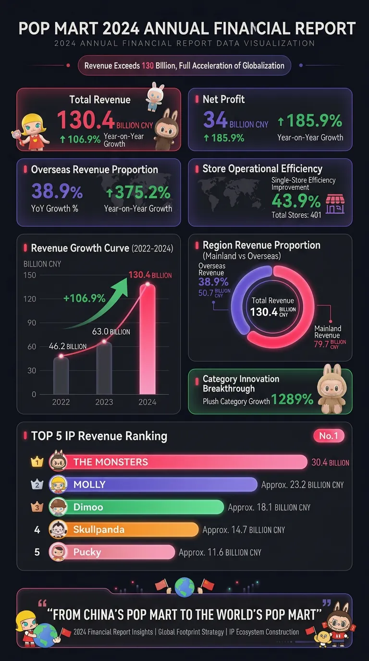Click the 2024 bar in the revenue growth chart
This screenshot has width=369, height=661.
148,339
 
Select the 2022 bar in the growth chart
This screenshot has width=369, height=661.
61,375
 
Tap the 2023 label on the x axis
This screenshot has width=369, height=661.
104,402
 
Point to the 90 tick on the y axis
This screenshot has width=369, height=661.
32,322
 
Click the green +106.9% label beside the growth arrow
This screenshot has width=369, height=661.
85,298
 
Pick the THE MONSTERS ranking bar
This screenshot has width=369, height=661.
185,462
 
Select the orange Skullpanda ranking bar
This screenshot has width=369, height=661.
131,529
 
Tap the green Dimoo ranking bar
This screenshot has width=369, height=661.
144,507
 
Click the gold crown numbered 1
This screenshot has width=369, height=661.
37,461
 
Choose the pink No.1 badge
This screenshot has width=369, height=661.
329,436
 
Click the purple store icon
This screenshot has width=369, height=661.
335,204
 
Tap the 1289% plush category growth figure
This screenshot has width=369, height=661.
292,399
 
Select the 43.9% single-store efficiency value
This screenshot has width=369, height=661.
296,201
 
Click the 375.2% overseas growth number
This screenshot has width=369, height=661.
138,193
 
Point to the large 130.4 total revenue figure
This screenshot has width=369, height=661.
86,120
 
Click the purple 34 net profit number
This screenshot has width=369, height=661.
215,119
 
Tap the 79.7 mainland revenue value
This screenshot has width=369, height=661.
321,344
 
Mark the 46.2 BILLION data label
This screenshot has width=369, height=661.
68,346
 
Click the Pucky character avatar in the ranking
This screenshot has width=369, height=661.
58,552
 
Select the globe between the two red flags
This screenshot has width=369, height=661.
184,587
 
